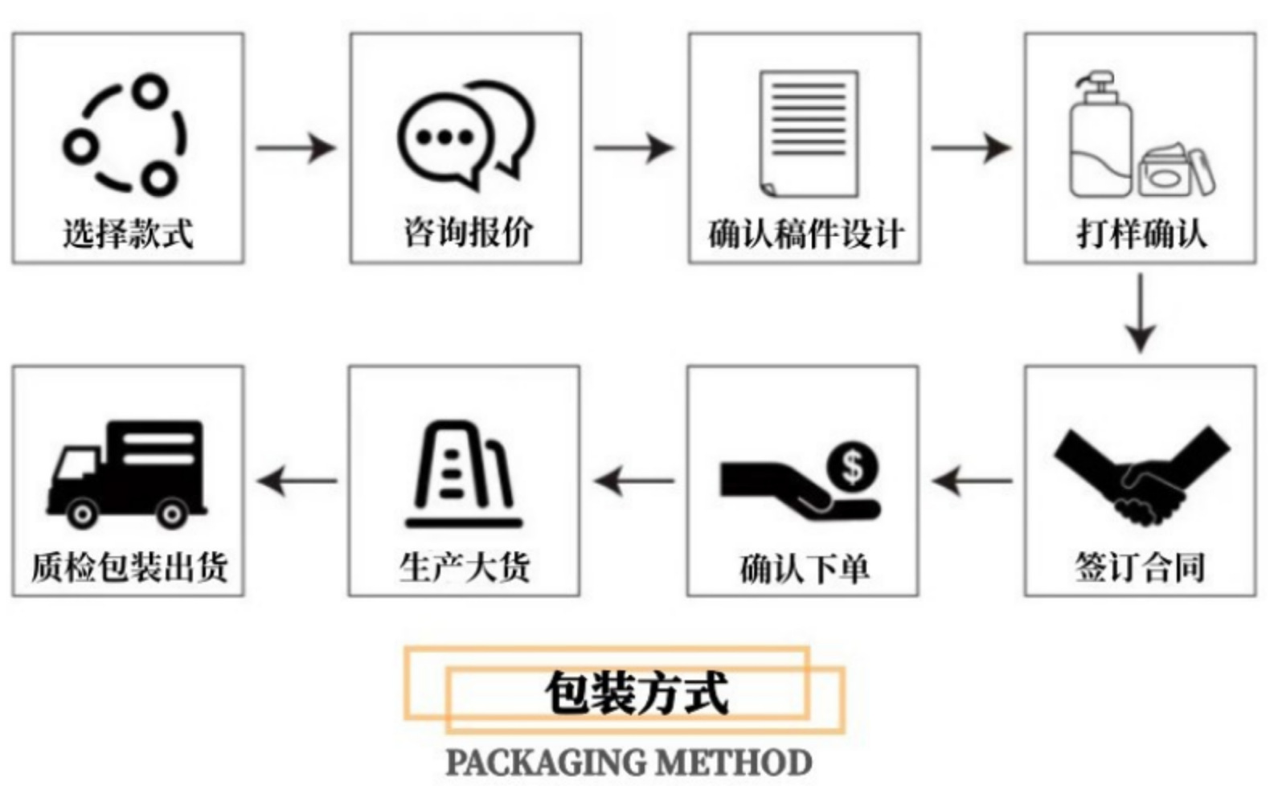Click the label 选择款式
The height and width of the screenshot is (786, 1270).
pyautogui.click(x=128, y=234)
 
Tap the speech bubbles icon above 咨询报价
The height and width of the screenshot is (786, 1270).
pyautogui.click(x=465, y=132)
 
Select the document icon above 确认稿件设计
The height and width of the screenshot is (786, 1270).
pyautogui.click(x=809, y=133)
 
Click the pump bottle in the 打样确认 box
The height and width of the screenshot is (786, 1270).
pyautogui.click(x=1099, y=137)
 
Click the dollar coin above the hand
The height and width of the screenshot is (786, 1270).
pyautogui.click(x=852, y=466)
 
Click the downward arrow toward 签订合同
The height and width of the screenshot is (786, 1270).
pyautogui.click(x=1140, y=313)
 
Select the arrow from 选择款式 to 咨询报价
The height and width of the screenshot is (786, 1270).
pyautogui.click(x=296, y=148)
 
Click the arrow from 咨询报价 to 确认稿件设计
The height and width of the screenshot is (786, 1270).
pyautogui.click(x=634, y=148)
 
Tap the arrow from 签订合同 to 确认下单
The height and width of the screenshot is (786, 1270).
pyautogui.click(x=972, y=481)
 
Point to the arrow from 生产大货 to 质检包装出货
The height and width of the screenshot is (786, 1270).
pyautogui.click(x=297, y=481)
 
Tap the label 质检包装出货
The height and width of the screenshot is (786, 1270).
pyautogui.click(x=129, y=567)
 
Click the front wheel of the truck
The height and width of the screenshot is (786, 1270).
pyautogui.click(x=81, y=512)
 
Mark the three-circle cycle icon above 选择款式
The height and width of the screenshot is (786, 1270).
pyautogui.click(x=126, y=135)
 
